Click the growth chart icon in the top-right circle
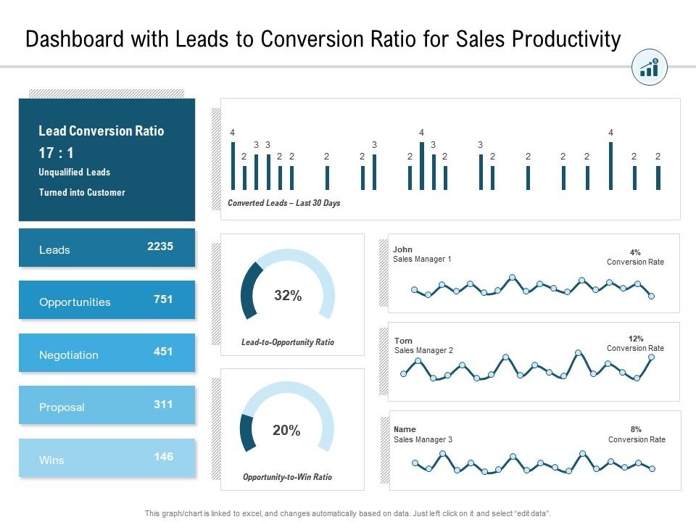650,68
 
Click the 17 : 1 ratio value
56,153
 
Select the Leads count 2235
160,246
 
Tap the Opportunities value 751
163,299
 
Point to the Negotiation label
69,355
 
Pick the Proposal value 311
163,404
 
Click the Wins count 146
163,457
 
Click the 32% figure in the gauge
288,296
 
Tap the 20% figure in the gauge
286,431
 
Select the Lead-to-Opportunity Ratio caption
288,342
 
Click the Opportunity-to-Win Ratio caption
287,477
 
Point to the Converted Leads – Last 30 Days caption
283,203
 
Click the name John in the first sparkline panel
402,249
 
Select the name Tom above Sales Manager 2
403,341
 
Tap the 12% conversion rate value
636,339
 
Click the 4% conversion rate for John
635,252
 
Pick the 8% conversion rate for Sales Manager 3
636,429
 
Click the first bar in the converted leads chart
233,166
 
